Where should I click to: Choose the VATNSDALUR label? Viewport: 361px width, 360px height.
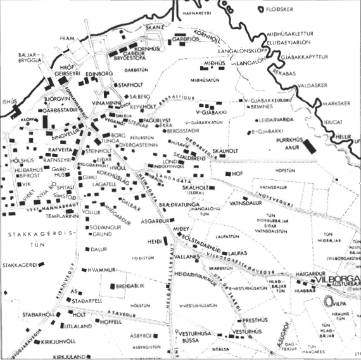pos(250,203)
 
